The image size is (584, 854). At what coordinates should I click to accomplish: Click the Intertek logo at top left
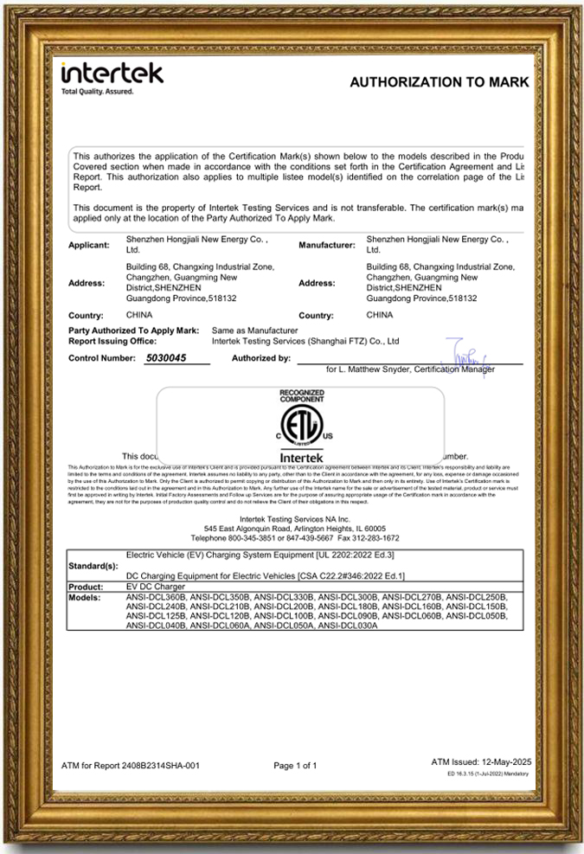tap(112, 76)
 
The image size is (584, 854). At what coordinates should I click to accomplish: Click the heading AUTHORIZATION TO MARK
tap(438, 82)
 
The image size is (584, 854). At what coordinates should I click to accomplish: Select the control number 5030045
tap(167, 357)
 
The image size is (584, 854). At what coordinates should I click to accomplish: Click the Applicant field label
tap(89, 246)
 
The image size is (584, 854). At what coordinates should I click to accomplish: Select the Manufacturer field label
tap(326, 246)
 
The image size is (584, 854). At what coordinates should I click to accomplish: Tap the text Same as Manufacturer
tap(255, 331)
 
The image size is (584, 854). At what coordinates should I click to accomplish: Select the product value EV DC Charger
tap(157, 587)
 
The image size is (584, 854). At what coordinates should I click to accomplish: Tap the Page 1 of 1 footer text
tap(295, 766)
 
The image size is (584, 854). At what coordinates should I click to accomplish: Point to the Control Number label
tap(103, 357)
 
